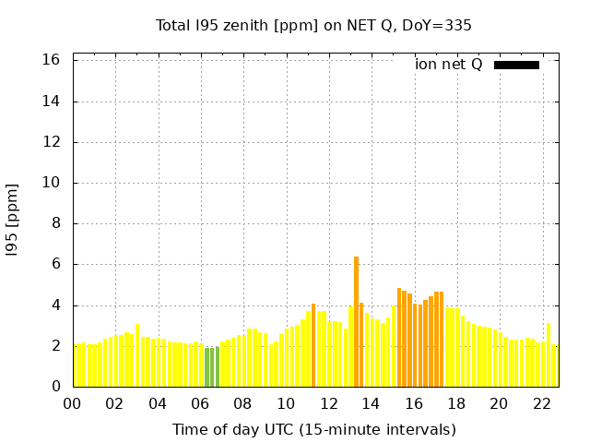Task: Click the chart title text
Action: pos(313,26)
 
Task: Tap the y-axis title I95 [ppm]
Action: pos(13,220)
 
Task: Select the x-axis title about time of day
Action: pos(313,429)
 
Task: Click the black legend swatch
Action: pos(516,65)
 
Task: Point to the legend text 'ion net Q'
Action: pos(449,65)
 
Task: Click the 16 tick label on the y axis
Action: pos(52,60)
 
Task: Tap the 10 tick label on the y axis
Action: pos(52,183)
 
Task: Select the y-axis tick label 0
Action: pos(55,387)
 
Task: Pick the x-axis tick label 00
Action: pos(73,404)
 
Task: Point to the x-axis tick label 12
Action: pos(328,404)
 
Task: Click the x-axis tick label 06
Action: pos(201,404)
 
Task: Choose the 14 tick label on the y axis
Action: pos(52,102)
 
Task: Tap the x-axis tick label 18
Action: pos(456,404)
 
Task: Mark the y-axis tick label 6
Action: pos(55,264)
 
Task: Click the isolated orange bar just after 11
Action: pos(313,345)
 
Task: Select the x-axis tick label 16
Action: pos(414,404)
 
